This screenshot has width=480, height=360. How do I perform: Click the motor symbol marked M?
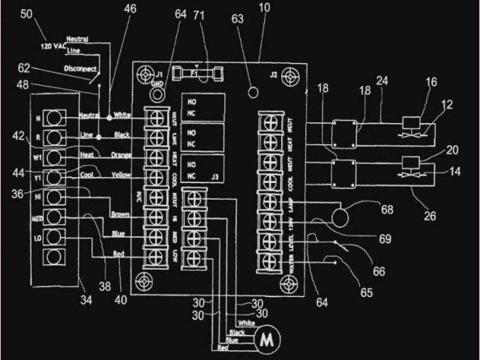[265, 340]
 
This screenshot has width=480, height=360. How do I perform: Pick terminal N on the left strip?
[53, 118]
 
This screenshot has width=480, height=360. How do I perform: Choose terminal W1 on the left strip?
[53, 157]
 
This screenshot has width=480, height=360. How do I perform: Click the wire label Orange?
[122, 154]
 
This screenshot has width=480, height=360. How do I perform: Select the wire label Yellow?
[122, 174]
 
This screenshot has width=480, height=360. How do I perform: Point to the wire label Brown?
[121, 214]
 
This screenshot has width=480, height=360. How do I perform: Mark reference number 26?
[430, 217]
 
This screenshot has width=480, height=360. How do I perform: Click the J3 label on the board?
[216, 178]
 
